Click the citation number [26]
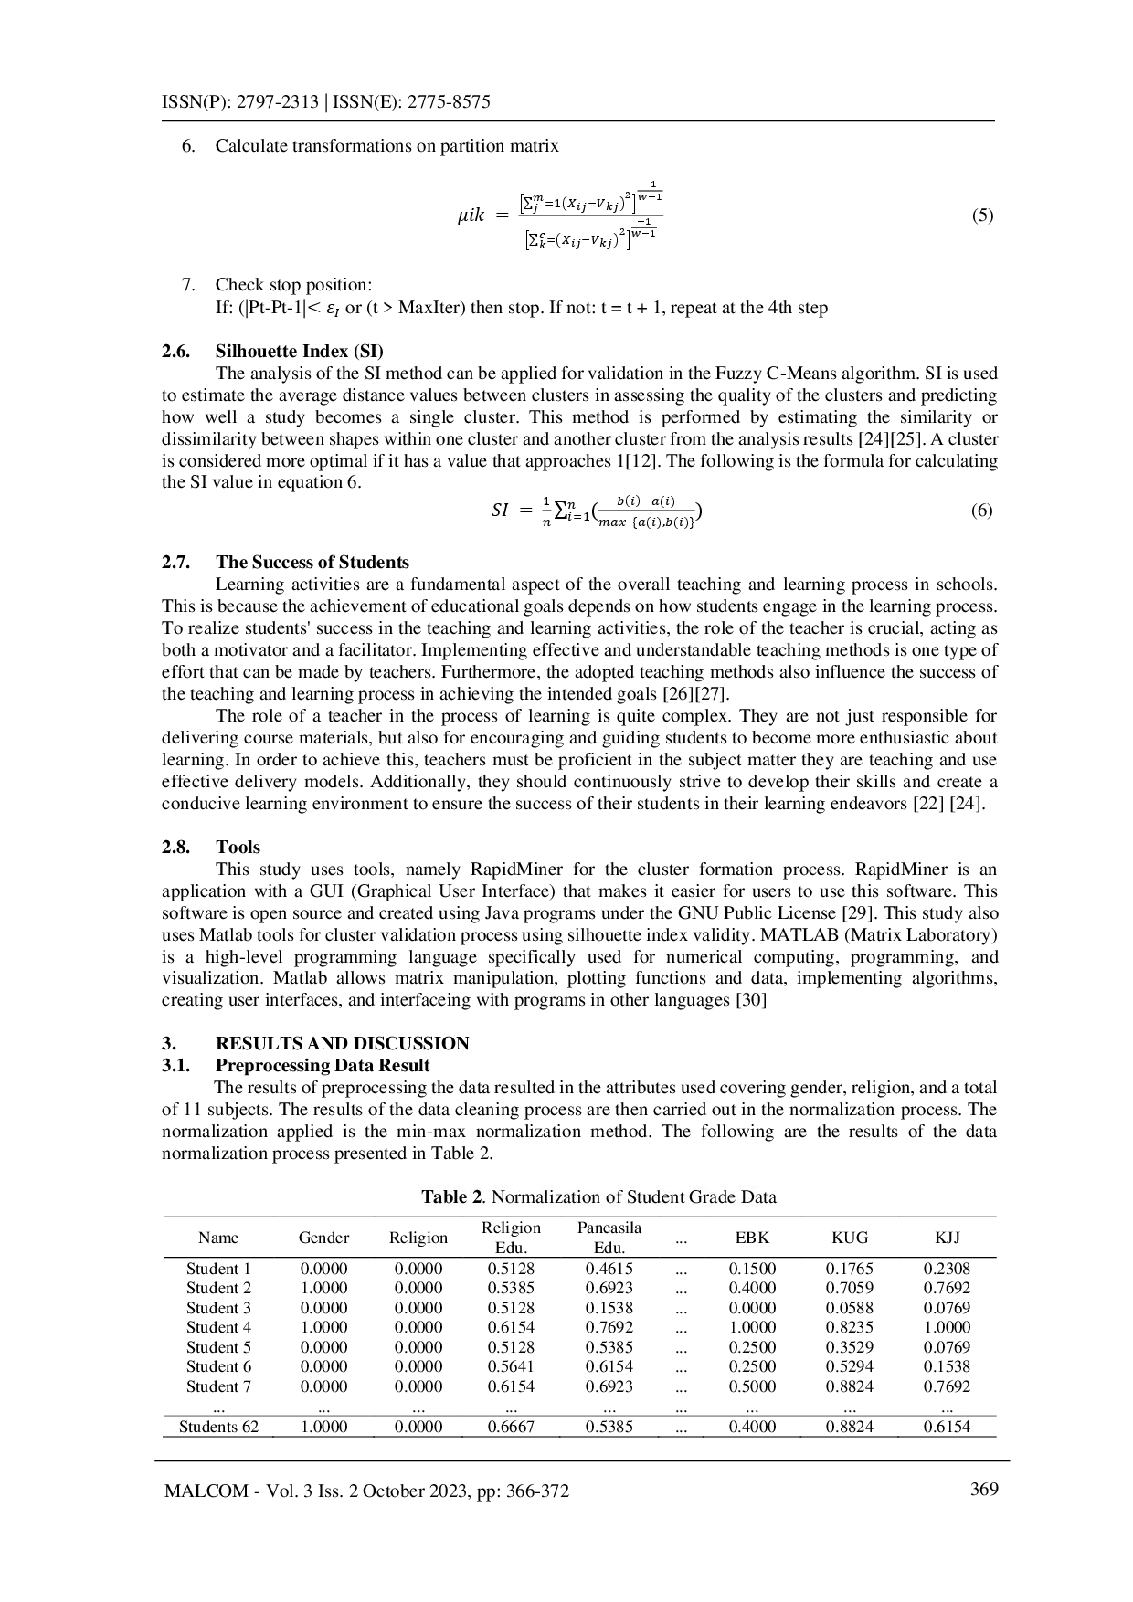click(678, 694)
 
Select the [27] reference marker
click(710, 694)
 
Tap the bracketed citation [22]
click(928, 804)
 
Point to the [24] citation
click(965, 804)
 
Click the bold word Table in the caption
click(444, 1197)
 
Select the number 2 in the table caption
click(476, 1197)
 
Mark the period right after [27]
click(727, 696)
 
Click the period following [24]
click(983, 806)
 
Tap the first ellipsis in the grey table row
click(219, 1412)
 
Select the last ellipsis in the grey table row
click(948, 1412)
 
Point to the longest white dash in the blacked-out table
click(679, 1363)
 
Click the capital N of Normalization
click(497, 1197)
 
